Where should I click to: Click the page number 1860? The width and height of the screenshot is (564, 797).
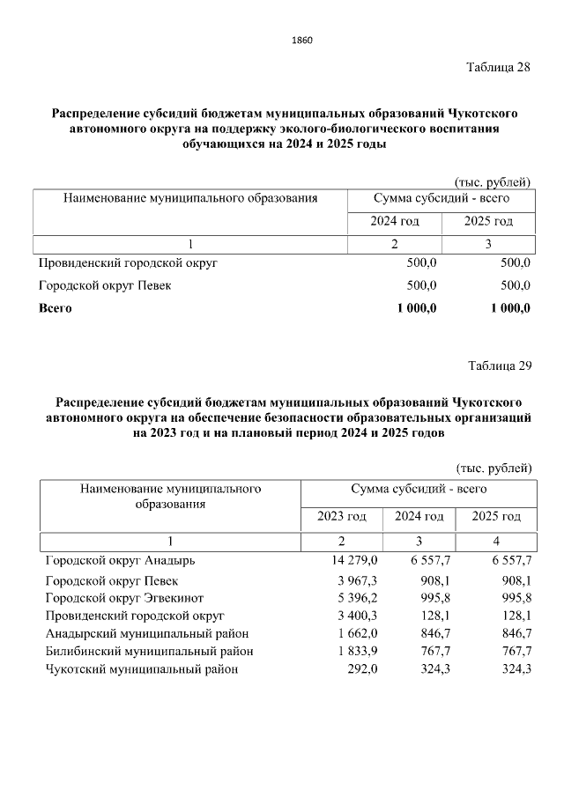(301, 41)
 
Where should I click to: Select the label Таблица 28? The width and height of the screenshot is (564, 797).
(498, 70)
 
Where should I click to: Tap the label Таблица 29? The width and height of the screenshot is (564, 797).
(500, 365)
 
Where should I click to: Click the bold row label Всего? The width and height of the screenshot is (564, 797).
(55, 308)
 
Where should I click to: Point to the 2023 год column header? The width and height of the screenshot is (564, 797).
(341, 516)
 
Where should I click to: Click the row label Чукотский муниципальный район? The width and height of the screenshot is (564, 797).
(141, 669)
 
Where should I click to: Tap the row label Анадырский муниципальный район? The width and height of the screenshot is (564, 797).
(147, 633)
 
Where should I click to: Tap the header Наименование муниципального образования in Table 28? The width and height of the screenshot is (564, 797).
(190, 198)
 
